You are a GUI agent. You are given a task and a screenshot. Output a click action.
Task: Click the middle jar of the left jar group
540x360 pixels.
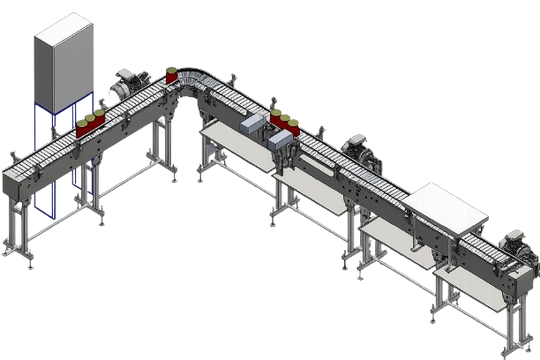click(90, 124)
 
